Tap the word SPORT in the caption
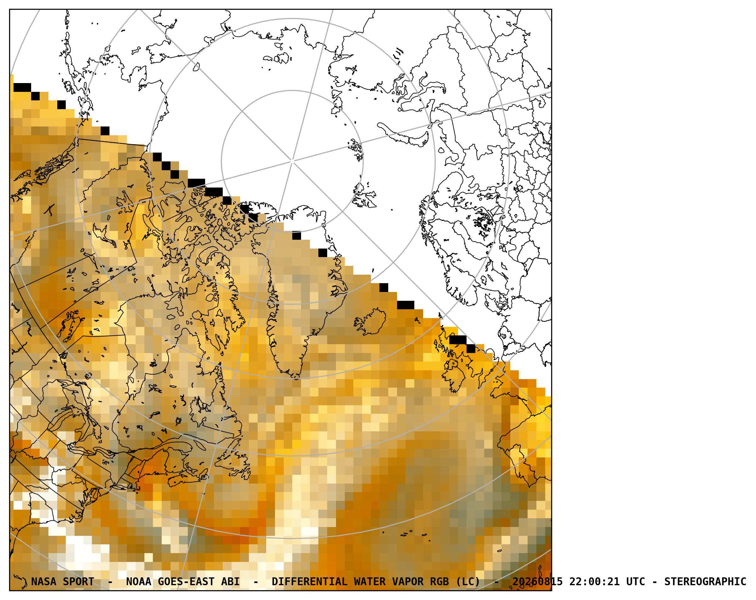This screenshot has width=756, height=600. [79, 582]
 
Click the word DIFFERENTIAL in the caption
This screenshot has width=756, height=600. [309, 582]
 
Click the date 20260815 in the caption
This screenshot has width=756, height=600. [538, 582]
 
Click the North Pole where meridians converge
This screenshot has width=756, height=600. [292, 161]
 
